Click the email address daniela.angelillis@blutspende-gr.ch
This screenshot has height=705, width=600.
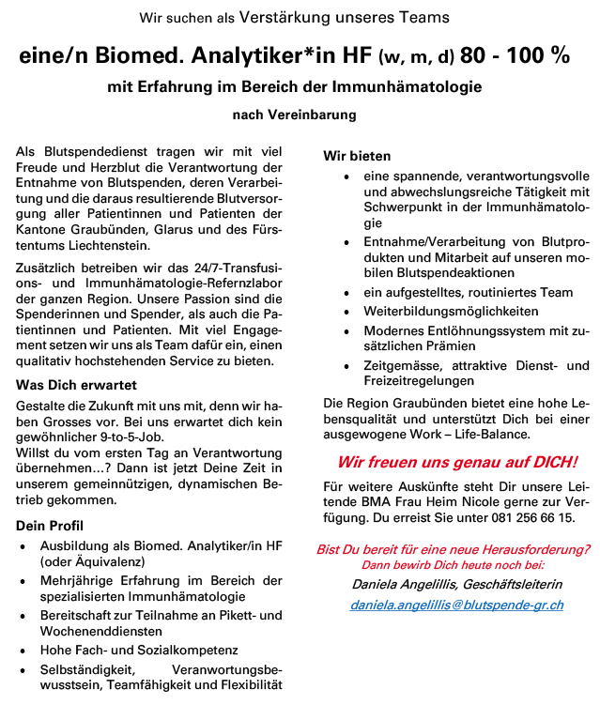(x=456, y=605)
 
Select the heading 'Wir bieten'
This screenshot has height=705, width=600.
(x=357, y=156)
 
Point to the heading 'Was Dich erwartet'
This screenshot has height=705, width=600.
(x=77, y=385)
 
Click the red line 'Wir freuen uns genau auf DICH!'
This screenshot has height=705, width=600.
(x=457, y=463)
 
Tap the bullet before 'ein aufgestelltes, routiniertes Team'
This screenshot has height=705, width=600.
(x=348, y=293)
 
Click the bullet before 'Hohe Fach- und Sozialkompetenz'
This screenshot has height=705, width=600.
(x=23, y=650)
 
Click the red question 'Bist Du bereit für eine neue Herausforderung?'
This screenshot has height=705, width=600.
(x=454, y=549)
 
